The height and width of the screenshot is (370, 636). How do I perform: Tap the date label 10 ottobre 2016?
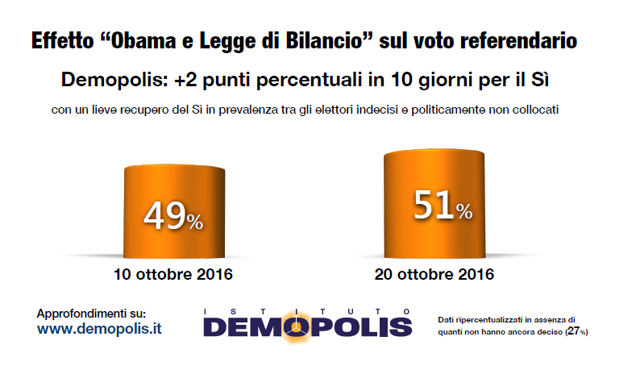(173, 274)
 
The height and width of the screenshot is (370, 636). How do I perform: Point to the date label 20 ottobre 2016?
(434, 274)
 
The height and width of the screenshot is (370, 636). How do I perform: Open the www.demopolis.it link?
(99, 329)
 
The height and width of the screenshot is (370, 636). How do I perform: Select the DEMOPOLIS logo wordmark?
(307, 326)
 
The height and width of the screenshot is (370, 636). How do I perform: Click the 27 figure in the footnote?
(574, 331)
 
